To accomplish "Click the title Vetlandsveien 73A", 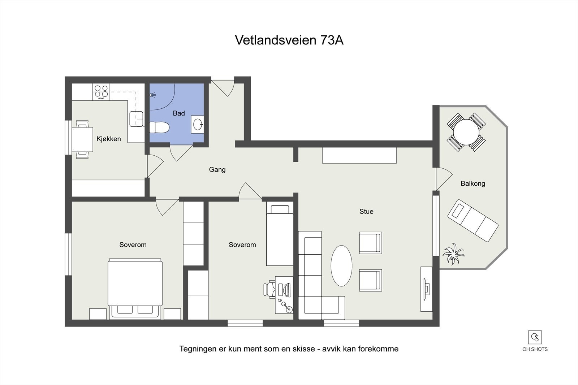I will coord(289,40).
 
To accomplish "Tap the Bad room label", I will coord(179,113).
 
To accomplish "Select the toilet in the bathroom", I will coord(159,127).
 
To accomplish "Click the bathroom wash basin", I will coord(198,125).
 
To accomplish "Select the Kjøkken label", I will coord(108,139).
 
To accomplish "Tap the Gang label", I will coord(217,169).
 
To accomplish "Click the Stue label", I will coord(366,211).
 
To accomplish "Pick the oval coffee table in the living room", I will coord(341,265).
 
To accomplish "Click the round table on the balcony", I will coord(466,132).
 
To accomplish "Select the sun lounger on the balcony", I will coord(473,220).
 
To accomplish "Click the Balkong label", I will coord(473,183).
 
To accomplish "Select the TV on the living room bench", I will coord(426,289).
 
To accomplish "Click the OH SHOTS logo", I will coord(535,341).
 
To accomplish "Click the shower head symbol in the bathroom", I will coord(153,95).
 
